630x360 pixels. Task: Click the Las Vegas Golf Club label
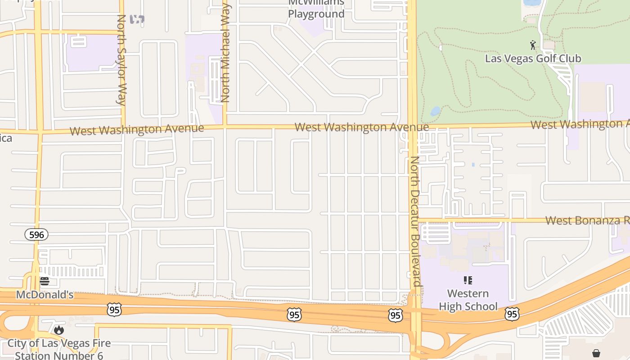(533, 58)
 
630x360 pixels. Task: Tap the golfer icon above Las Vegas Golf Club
(533, 45)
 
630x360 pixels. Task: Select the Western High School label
(468, 300)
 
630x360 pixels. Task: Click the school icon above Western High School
(468, 280)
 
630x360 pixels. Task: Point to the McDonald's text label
(45, 295)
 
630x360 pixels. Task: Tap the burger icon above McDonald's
(44, 282)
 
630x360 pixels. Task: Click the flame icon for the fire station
(58, 330)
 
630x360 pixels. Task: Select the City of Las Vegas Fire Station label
(59, 349)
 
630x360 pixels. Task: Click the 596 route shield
(36, 234)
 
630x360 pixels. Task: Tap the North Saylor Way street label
(121, 60)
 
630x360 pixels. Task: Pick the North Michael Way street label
(225, 53)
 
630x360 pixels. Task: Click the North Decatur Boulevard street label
(415, 221)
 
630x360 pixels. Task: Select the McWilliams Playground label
(316, 9)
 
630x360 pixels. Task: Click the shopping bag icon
(596, 353)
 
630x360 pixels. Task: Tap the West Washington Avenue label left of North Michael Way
(137, 130)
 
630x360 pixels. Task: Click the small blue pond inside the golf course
(435, 111)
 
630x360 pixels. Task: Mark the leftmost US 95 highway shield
(114, 309)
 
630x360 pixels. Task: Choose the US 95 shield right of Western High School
(512, 314)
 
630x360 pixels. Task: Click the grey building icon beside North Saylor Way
(137, 19)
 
